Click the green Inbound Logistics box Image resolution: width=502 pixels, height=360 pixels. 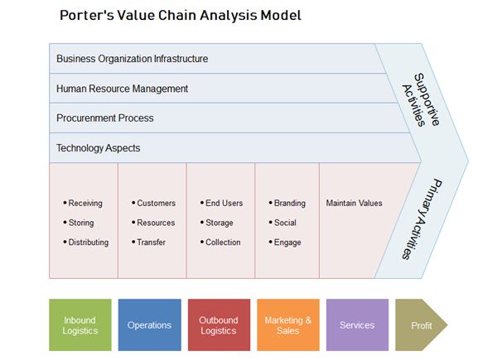click(x=80, y=325)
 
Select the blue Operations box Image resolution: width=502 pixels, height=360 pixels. click(x=149, y=325)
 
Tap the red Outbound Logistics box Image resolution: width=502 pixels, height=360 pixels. click(x=219, y=325)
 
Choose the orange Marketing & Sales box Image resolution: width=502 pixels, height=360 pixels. click(x=287, y=325)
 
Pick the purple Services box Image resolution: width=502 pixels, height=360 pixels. click(x=357, y=325)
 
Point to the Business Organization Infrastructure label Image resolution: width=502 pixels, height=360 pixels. click(x=132, y=59)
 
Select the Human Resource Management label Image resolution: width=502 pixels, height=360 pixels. click(x=122, y=89)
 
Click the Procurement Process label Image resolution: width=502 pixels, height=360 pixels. click(x=104, y=118)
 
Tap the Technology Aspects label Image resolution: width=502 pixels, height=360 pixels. click(x=98, y=148)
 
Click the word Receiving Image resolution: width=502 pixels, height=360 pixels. click(x=85, y=204)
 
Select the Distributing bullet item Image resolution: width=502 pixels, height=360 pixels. click(x=88, y=242)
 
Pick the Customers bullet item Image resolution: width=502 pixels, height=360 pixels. click(x=156, y=204)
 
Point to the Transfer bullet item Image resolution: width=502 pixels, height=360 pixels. click(x=151, y=242)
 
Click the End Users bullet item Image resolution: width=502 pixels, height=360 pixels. click(x=224, y=204)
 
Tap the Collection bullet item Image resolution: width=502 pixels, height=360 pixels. click(x=223, y=242)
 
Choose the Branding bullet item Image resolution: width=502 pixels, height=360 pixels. click(x=289, y=204)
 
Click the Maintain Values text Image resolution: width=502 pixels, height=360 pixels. click(x=354, y=204)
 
